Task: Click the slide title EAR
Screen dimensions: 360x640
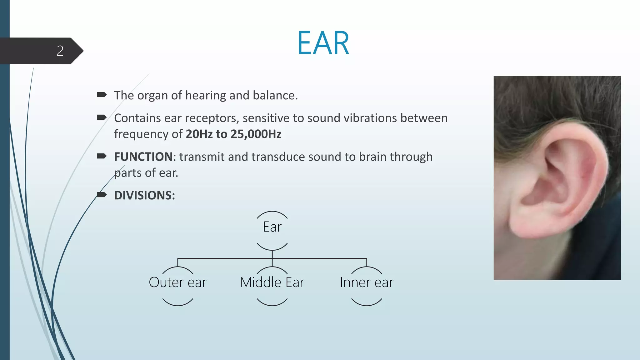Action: click(x=323, y=43)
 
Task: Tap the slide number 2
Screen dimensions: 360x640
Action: click(x=60, y=51)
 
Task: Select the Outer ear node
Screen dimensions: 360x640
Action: click(x=177, y=282)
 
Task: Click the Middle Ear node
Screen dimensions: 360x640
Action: click(x=272, y=282)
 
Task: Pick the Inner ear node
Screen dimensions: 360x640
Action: click(x=366, y=282)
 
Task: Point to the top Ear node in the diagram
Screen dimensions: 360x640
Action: click(x=272, y=227)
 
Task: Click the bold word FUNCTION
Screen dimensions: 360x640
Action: click(x=143, y=157)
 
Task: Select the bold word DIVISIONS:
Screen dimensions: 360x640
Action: click(x=144, y=196)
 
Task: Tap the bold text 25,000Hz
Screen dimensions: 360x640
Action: click(x=256, y=134)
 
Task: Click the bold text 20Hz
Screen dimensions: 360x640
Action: click(x=199, y=134)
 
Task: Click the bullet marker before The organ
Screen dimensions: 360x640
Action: click(x=102, y=95)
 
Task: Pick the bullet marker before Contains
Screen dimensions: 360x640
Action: click(x=102, y=117)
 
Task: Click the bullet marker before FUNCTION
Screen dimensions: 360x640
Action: click(x=102, y=156)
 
